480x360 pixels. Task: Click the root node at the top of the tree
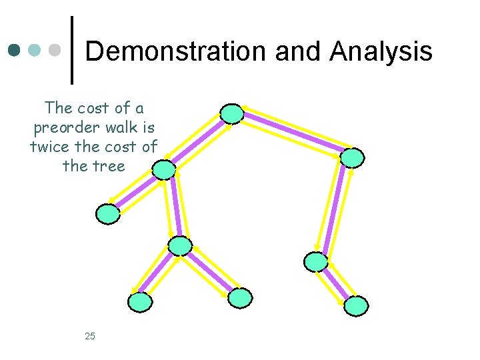232,114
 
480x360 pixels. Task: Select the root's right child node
352,157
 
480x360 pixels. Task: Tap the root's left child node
164,171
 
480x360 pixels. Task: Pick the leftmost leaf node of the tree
108,214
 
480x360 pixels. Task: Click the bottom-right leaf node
356,306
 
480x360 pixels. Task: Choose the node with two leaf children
180,246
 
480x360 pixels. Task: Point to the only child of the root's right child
316,261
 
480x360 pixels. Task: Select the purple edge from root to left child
198,142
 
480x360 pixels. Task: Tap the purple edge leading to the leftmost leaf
136,192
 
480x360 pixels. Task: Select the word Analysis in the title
381,51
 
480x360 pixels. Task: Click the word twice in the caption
53,147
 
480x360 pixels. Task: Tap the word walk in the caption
119,127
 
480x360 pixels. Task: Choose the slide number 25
90,336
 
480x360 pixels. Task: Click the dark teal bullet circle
15,50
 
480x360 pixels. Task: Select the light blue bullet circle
35,50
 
